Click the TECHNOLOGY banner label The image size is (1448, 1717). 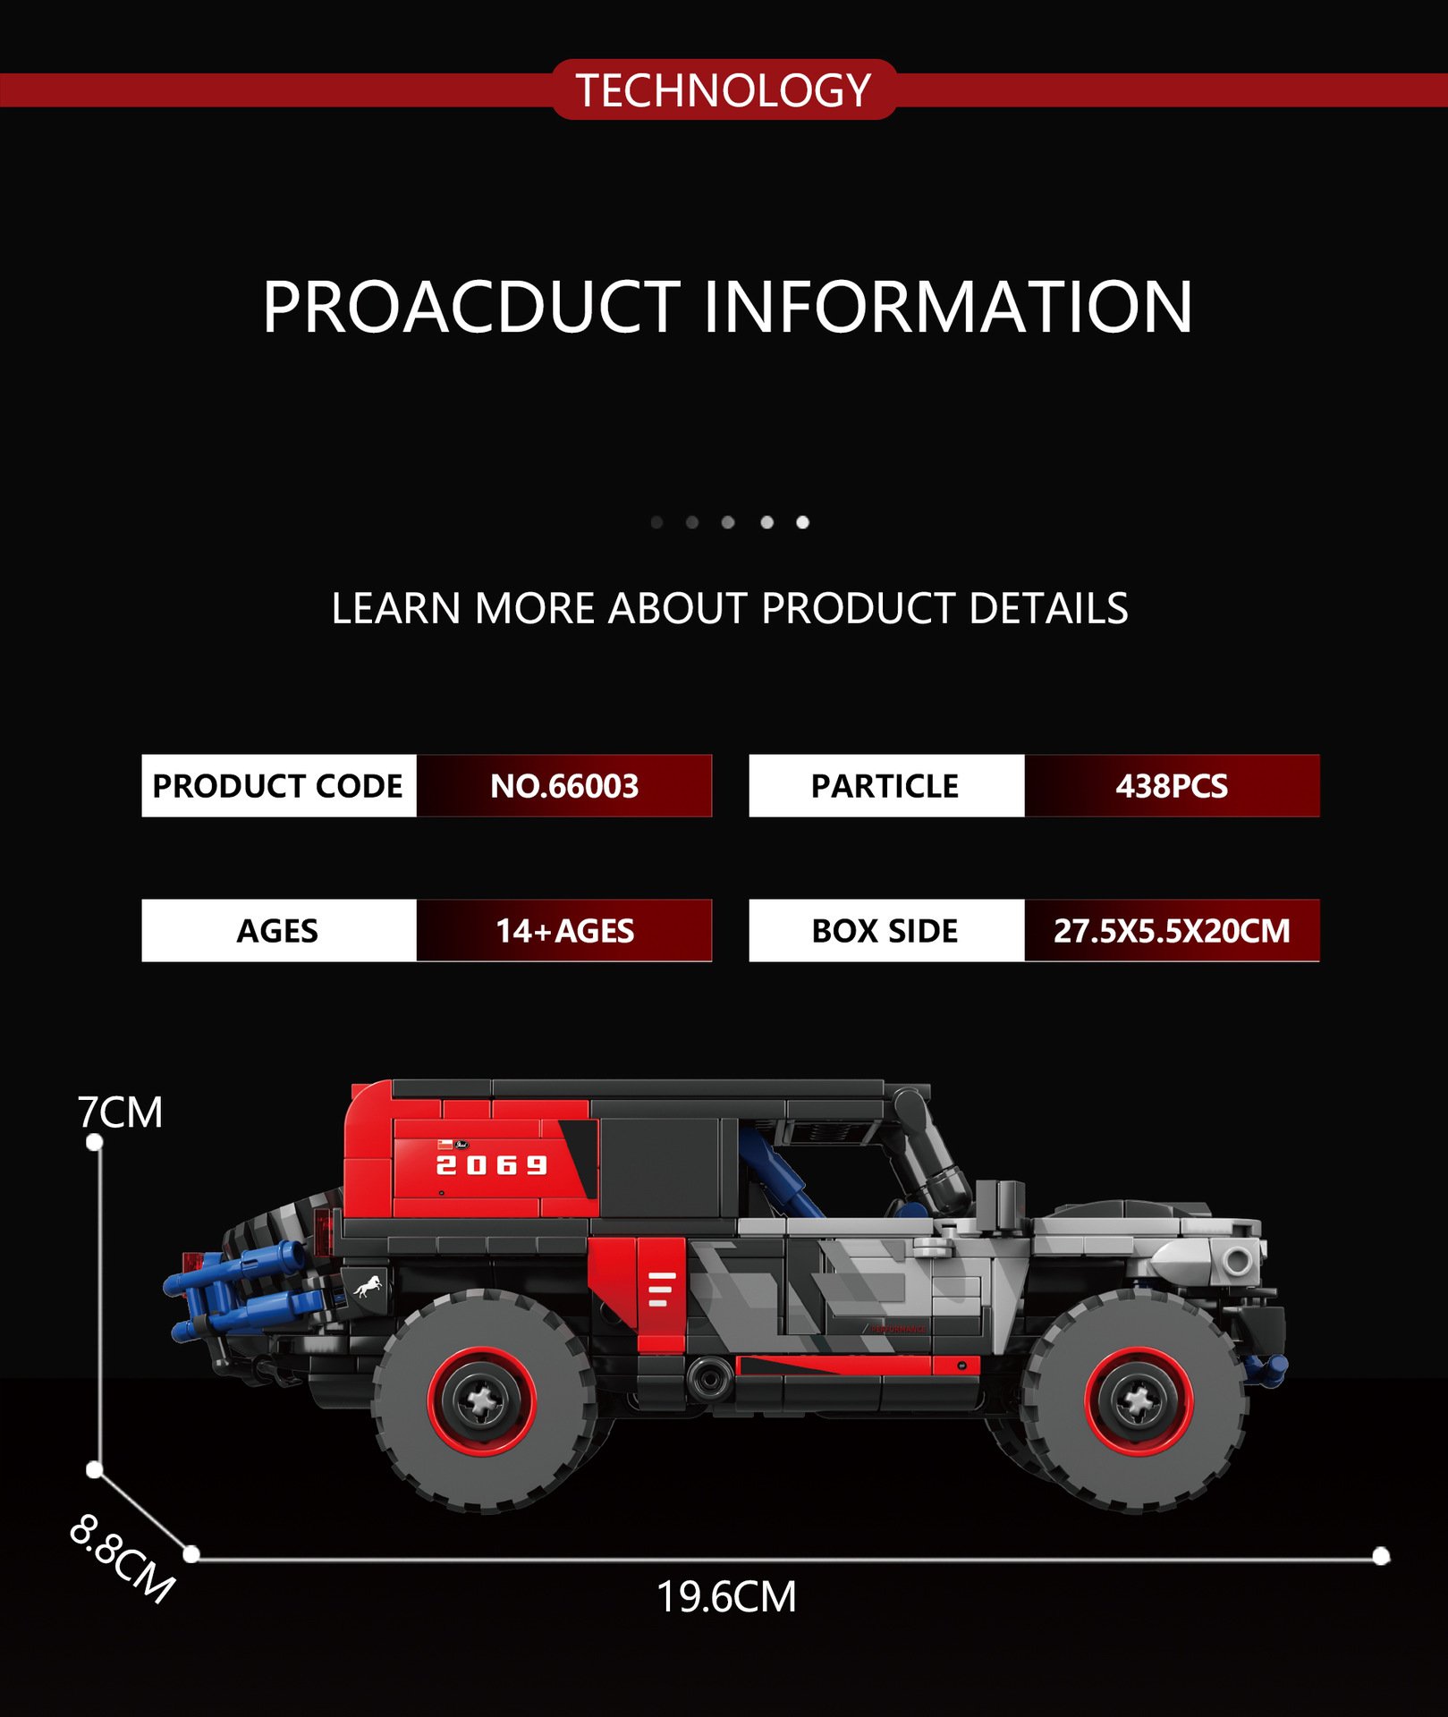pos(724,90)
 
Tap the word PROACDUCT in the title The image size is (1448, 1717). pos(471,307)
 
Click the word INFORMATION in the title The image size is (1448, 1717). pos(948,307)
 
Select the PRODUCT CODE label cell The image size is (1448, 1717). pos(278,785)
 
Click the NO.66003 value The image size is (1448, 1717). pos(564,785)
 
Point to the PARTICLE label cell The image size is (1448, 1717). pos(885,785)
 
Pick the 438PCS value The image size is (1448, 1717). pos(1172,785)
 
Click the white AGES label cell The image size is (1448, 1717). pos(278,930)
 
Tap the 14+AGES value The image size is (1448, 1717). pos(564,930)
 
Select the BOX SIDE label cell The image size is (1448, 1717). pos(885,930)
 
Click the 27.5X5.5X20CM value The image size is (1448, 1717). pos(1172,930)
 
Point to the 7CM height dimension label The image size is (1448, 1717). pos(120,1112)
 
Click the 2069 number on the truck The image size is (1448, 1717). pos(491,1165)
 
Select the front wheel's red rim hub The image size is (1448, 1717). pos(1138,1401)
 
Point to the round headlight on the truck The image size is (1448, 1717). pos(1238,1262)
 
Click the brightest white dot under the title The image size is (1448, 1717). pos(802,522)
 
